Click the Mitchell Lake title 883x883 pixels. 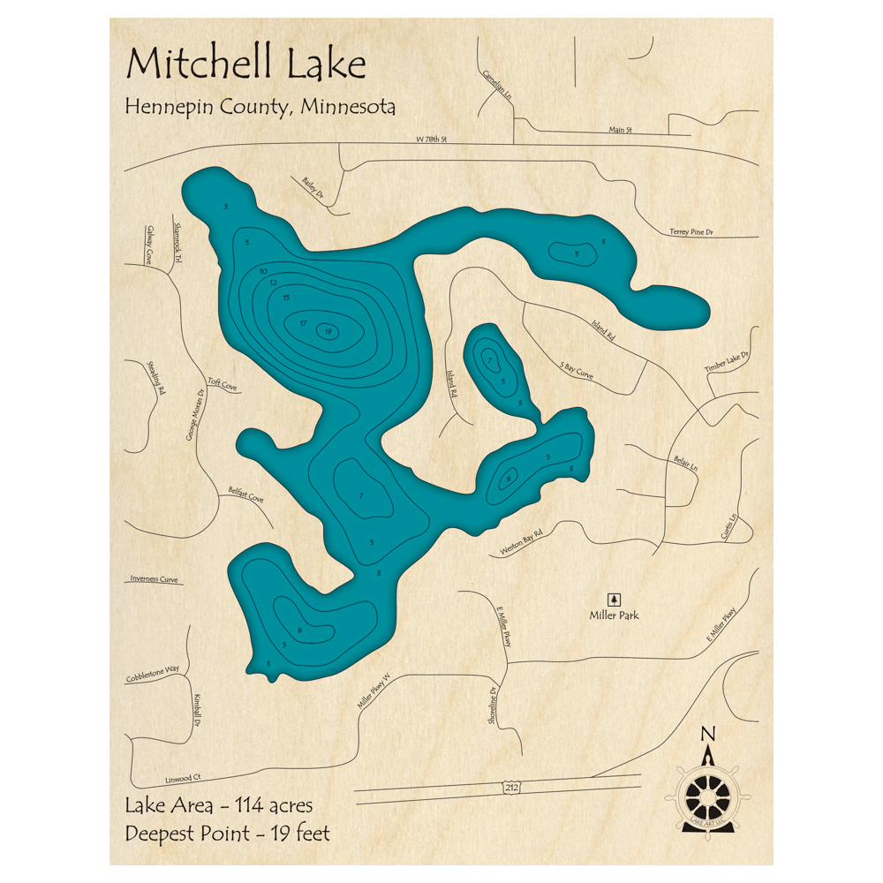point(245,65)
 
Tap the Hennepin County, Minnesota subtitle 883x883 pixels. point(260,108)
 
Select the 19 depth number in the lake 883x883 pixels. point(328,331)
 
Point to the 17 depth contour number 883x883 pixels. point(303,323)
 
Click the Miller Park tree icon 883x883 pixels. point(615,600)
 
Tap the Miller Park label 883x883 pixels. point(615,615)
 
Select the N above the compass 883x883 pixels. point(707,734)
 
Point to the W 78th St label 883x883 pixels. point(433,140)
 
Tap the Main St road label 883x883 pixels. point(621,130)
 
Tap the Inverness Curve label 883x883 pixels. point(155,579)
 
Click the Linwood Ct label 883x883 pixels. point(184,778)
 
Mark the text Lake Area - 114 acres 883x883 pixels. point(219,805)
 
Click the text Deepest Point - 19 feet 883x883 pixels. point(228,833)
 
